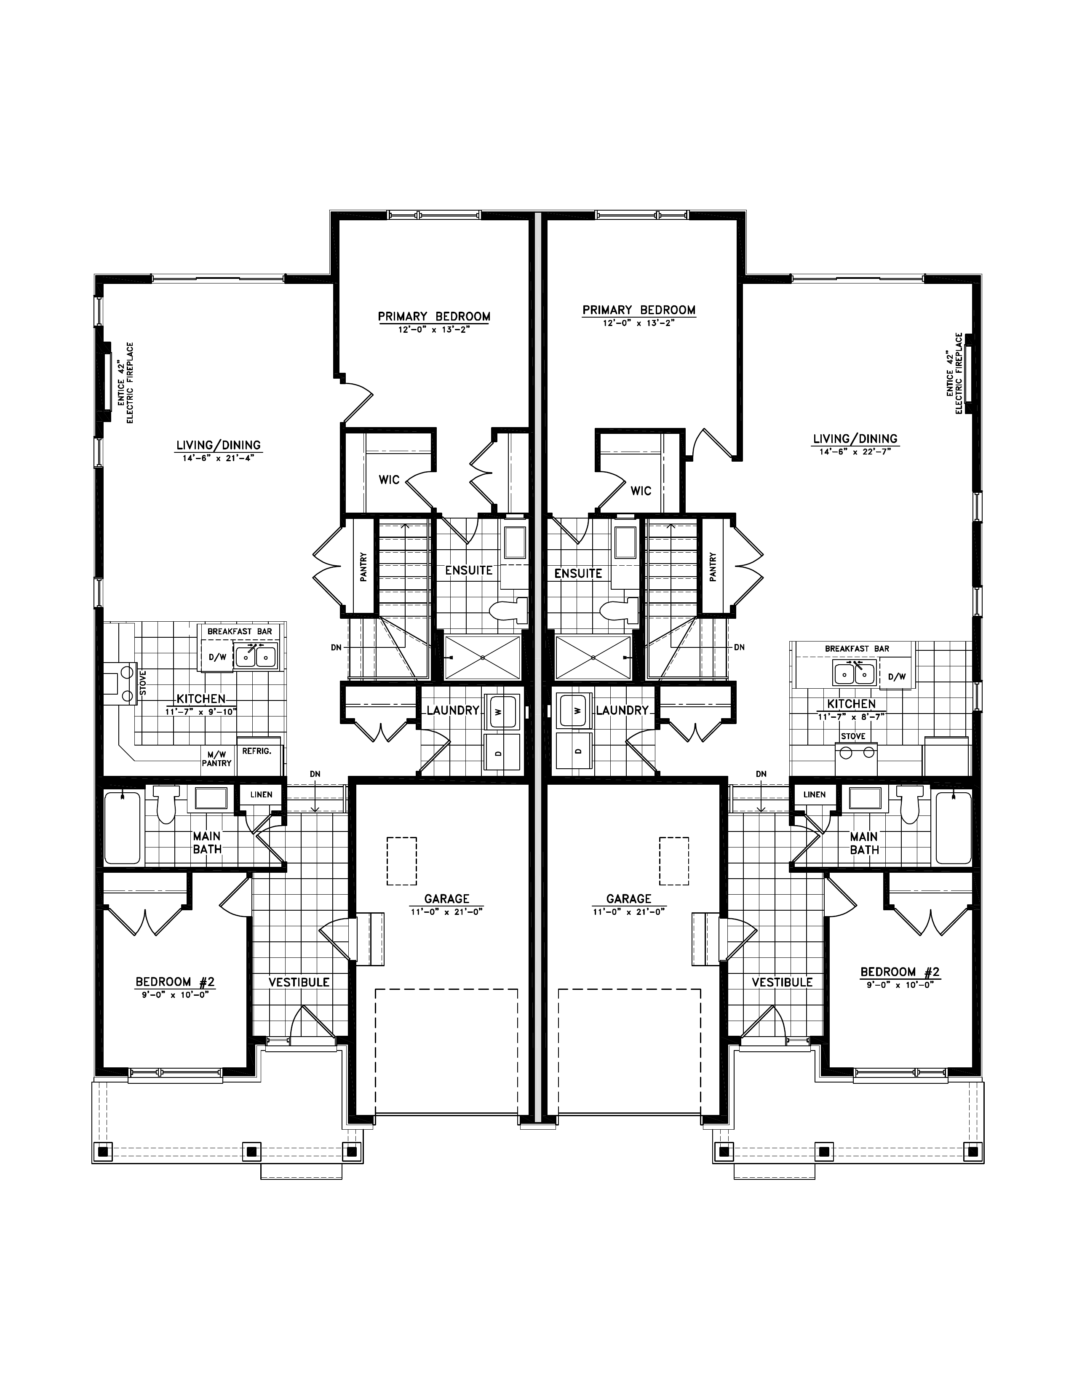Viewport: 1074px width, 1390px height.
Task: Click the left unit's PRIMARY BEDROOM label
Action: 434,316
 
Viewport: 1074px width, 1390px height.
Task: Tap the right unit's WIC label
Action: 641,491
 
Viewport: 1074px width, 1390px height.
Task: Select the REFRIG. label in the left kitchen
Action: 256,751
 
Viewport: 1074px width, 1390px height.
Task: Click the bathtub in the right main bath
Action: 953,827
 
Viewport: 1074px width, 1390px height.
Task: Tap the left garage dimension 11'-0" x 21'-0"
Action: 446,912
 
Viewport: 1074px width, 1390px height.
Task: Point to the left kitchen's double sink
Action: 256,655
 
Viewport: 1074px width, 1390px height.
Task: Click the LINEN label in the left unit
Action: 261,794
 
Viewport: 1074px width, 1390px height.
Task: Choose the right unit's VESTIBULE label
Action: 782,982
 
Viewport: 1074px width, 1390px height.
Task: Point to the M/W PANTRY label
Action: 216,759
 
